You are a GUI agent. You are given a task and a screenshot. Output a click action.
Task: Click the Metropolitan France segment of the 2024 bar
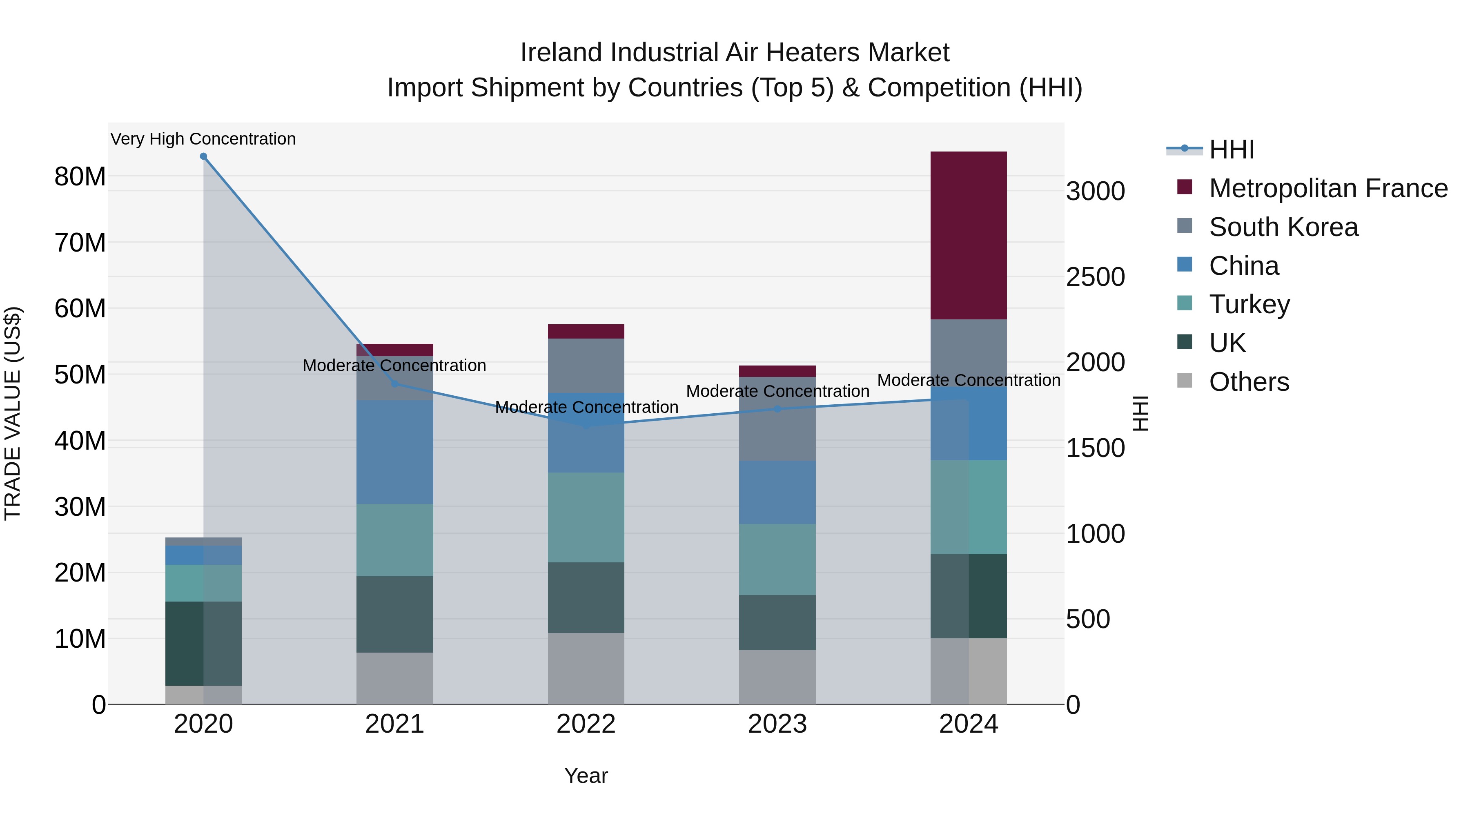(969, 235)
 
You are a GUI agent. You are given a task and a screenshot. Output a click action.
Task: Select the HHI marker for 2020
(203, 156)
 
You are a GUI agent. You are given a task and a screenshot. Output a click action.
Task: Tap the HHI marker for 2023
(777, 409)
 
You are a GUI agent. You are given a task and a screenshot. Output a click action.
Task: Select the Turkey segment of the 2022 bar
(586, 517)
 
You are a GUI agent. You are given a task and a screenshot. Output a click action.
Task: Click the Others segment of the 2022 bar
(586, 668)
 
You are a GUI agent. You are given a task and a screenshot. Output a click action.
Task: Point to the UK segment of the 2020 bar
(203, 643)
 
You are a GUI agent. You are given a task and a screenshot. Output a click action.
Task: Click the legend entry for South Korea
(1283, 227)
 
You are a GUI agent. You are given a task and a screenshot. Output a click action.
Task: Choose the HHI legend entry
(1232, 149)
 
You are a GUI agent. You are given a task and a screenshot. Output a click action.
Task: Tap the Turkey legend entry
(1249, 304)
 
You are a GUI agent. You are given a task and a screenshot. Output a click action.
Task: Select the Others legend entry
(1249, 382)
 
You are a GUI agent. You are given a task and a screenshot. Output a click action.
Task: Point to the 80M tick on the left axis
(80, 177)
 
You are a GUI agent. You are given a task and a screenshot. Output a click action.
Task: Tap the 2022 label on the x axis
(586, 724)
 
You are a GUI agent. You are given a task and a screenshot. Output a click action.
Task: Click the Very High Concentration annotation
(203, 139)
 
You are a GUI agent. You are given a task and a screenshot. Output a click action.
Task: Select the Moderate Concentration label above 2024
(969, 380)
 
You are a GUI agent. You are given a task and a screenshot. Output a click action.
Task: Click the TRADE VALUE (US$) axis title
(13, 413)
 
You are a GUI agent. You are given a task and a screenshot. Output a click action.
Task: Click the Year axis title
(586, 776)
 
